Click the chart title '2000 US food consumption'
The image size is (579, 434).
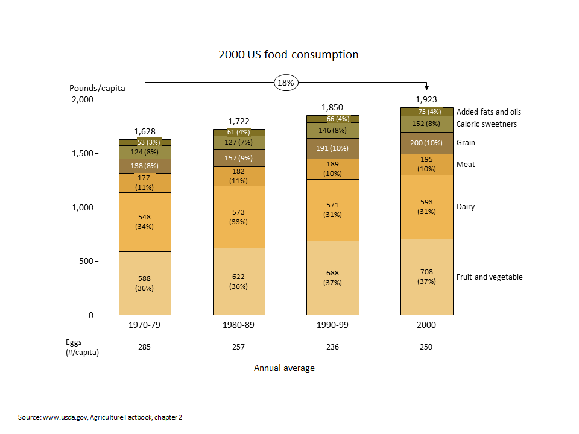(x=288, y=55)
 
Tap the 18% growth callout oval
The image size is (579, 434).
(x=286, y=83)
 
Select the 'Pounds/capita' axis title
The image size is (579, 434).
(x=97, y=88)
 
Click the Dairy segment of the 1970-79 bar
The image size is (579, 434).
(x=145, y=222)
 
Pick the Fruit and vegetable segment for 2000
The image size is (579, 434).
(x=427, y=277)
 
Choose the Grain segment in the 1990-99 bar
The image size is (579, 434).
(x=332, y=148)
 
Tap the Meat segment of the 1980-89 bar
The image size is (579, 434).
(x=239, y=176)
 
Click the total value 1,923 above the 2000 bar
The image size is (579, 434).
(x=426, y=99)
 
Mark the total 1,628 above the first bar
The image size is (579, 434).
(x=145, y=131)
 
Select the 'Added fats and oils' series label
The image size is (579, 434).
(x=489, y=112)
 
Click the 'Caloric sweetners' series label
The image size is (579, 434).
(x=486, y=124)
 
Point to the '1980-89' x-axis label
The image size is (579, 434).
(x=239, y=325)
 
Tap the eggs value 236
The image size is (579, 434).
(x=332, y=347)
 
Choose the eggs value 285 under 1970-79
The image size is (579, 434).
(x=145, y=347)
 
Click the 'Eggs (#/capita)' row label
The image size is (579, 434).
(x=82, y=347)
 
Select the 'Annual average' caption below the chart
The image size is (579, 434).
(x=284, y=368)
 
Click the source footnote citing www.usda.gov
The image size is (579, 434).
(x=100, y=417)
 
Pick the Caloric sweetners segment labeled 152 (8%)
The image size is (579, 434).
(x=427, y=124)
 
